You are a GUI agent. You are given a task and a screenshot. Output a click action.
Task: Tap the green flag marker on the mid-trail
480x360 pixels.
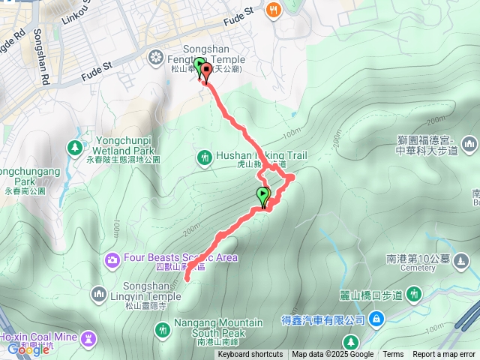click(x=263, y=196)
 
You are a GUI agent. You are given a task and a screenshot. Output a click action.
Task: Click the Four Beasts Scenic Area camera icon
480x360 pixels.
click(x=112, y=259)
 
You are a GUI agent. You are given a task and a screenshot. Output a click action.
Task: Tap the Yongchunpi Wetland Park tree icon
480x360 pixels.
click(x=75, y=148)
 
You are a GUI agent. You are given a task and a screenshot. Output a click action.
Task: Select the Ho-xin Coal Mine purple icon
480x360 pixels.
click(x=89, y=336)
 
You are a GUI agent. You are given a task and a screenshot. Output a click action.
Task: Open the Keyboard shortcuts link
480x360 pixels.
click(x=250, y=355)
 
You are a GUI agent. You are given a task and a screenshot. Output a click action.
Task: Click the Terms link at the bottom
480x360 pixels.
click(x=393, y=355)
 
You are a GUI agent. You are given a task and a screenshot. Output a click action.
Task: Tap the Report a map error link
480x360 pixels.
click(x=443, y=355)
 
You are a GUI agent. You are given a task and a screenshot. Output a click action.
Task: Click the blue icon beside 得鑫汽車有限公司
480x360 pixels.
click(x=377, y=320)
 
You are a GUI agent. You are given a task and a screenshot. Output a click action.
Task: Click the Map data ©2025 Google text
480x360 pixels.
click(x=333, y=355)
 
